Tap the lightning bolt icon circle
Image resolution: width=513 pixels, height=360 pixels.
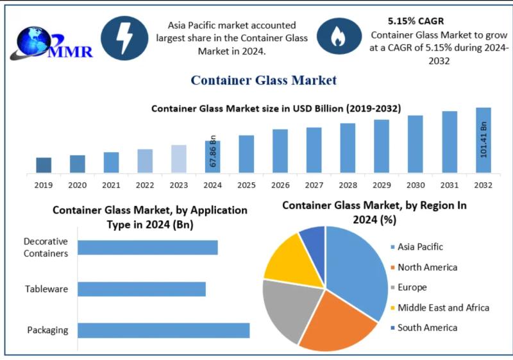point(124,38)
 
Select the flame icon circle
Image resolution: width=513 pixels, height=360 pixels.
point(337,38)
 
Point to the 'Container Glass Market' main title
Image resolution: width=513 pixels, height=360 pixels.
point(263,80)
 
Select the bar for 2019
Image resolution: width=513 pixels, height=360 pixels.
point(44,165)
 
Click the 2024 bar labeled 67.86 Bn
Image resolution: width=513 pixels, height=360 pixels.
point(212,157)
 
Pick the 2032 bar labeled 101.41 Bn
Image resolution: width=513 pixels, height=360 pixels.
point(483,140)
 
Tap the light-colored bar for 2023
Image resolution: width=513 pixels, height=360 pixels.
point(179,159)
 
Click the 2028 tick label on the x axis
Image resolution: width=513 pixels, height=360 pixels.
point(348,185)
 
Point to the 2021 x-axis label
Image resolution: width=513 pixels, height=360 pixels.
point(111,185)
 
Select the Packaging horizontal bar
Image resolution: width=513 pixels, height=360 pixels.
point(163,330)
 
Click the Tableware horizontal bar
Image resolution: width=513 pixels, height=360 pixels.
point(141,289)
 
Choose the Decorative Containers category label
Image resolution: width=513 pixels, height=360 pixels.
point(46,248)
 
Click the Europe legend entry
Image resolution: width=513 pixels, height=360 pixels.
point(412,287)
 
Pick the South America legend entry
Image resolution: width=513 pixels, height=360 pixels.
point(427,328)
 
